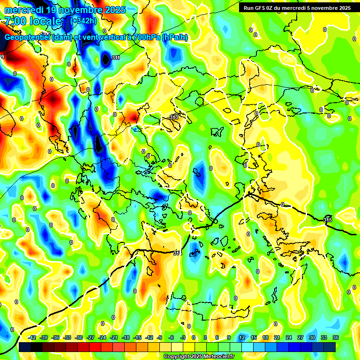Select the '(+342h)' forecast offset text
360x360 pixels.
[x=84, y=21]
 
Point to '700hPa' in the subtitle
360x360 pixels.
[x=145, y=37]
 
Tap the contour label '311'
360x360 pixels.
[x=116, y=58]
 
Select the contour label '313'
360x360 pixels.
[x=173, y=117]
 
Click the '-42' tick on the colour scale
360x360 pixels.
[x=32, y=337]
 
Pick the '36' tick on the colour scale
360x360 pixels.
[x=336, y=337]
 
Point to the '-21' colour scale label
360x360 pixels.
[x=114, y=337]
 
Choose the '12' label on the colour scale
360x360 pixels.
[x=242, y=337]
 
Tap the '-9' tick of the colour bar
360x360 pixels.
[x=160, y=337]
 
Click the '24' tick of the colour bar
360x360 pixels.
[x=289, y=337]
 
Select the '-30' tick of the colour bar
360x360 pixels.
[x=79, y=337]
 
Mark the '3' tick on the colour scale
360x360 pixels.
[x=206, y=337]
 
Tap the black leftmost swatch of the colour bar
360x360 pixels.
[x=25, y=347]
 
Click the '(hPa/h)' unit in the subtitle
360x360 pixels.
[x=175, y=37]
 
